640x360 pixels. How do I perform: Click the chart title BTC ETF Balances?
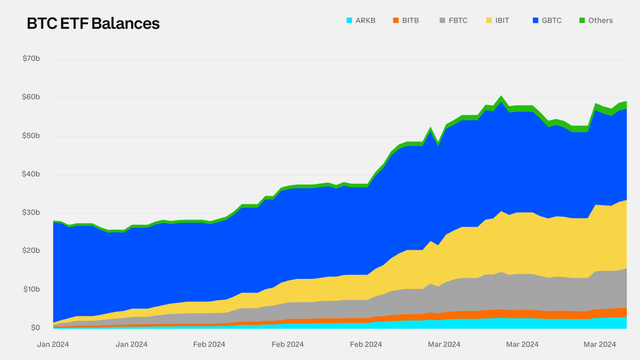[x=93, y=23]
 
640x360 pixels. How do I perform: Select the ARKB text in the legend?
[x=366, y=21]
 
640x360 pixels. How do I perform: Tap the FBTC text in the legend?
[x=458, y=21]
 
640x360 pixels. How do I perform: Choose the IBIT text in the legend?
[x=502, y=21]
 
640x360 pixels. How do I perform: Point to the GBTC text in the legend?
[x=551, y=21]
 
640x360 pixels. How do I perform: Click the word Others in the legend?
[x=601, y=21]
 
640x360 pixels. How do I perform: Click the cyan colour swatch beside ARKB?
[x=349, y=21]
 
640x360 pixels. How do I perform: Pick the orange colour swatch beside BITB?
[x=395, y=21]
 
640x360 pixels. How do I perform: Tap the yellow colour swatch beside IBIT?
[x=489, y=21]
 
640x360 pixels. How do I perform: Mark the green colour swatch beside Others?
[x=582, y=21]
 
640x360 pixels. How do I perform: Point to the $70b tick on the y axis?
[x=31, y=59]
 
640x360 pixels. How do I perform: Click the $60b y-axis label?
[x=31, y=97]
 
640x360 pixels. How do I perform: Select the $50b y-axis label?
[x=31, y=135]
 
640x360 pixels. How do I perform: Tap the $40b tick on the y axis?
[x=31, y=174]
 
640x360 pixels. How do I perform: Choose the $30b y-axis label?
[x=31, y=212]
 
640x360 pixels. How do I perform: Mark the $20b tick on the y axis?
[x=31, y=251]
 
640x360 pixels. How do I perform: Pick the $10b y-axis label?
[x=31, y=289]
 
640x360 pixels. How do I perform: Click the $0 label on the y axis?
[x=35, y=327]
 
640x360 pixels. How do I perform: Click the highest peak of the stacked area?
[x=501, y=97]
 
